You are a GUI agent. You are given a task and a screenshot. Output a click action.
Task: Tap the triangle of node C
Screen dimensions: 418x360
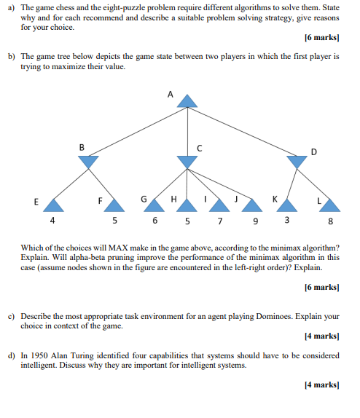pyautogui.click(x=187, y=162)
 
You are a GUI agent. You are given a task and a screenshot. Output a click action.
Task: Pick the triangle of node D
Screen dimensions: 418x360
pyautogui.click(x=297, y=162)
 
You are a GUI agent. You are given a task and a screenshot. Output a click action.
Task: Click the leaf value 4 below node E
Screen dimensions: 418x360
pyautogui.click(x=52, y=219)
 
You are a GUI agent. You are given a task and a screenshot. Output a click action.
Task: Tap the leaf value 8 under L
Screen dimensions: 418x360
pyautogui.click(x=332, y=221)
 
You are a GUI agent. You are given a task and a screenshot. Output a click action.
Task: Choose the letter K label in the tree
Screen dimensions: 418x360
pyautogui.click(x=275, y=199)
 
